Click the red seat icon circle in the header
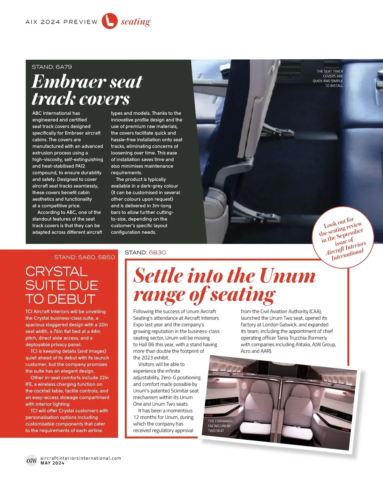tap(109, 21)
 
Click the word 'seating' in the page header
tap(135, 22)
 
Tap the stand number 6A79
tap(64, 67)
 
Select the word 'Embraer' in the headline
tap(69, 82)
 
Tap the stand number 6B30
tap(157, 253)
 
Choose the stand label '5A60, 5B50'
tap(97, 257)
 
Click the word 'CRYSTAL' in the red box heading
tap(56, 272)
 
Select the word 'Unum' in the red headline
tap(288, 276)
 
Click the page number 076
tap(31, 461)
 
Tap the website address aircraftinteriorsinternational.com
tap(81, 458)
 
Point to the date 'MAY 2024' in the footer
tap(52, 463)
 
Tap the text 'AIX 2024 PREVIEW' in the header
tap(62, 22)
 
